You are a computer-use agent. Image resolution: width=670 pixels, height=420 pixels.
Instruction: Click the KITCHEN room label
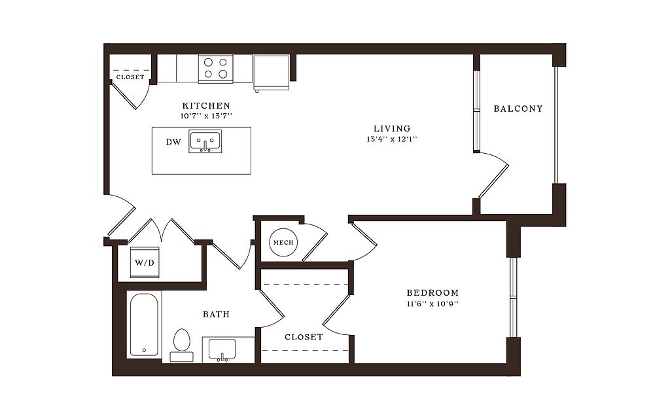206,105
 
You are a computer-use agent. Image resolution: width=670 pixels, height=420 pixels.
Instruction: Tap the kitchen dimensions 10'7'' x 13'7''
206,116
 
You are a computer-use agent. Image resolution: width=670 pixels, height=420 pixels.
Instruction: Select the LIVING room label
392,128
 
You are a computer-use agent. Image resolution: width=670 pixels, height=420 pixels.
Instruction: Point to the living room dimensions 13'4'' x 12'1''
391,139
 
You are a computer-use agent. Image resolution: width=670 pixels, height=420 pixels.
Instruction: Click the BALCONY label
518,109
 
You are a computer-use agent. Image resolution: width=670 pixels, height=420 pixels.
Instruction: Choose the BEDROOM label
432,292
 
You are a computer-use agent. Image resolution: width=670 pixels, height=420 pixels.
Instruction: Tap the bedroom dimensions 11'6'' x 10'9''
432,304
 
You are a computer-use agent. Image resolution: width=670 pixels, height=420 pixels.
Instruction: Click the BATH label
216,315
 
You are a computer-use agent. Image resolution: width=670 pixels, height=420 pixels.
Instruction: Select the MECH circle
283,242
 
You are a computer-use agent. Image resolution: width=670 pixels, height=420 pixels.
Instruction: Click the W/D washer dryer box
145,262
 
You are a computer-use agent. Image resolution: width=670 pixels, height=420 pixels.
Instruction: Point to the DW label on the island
173,142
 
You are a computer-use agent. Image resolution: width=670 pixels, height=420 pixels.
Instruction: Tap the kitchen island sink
205,141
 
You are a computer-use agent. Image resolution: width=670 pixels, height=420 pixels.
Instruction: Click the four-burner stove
215,68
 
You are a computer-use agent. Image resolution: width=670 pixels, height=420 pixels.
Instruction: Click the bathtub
144,324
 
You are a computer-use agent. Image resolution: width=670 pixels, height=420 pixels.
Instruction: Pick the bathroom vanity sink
222,349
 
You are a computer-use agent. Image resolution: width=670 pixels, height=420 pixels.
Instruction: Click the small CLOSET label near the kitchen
130,77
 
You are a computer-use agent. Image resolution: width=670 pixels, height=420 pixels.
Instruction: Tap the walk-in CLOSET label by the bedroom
304,337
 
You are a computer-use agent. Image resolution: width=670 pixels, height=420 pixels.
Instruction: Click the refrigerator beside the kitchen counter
272,73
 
